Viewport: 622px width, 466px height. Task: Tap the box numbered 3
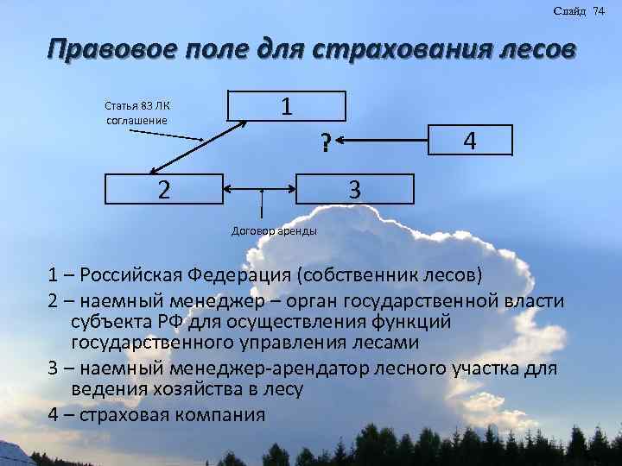(354, 187)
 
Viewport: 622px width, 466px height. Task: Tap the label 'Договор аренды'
(275, 231)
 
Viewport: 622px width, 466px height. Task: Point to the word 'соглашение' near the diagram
(136, 120)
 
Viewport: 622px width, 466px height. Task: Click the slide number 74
(599, 10)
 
